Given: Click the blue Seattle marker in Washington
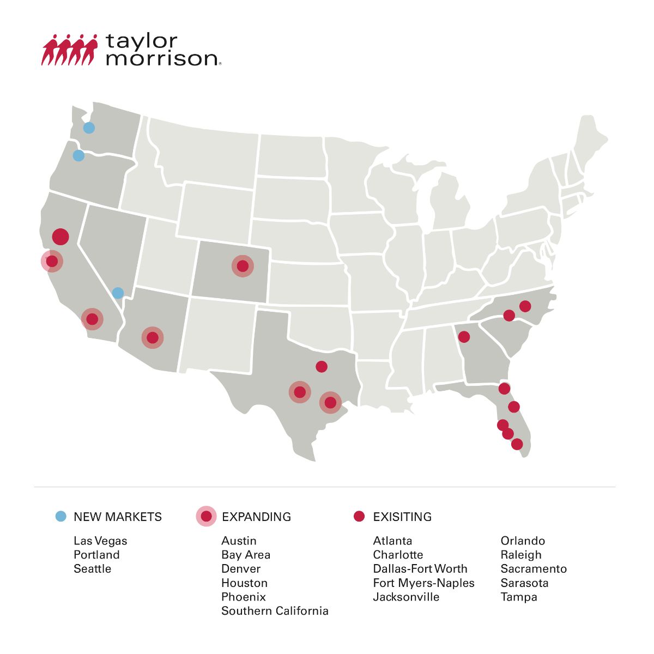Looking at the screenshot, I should coord(89,128).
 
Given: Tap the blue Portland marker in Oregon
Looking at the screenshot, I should coord(78,156).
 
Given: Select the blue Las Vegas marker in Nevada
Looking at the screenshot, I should coord(118,293).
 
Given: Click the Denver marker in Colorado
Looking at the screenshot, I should coord(243,266).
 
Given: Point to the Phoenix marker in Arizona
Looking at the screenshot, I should coord(153,338).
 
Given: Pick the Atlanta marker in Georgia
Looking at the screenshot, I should coord(464,337).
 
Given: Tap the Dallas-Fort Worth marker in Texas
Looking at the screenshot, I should coord(322,366).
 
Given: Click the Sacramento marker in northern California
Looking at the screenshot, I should coord(60,237).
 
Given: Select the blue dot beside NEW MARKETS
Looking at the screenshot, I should coord(61,516).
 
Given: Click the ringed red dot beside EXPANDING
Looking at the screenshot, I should coord(206,516).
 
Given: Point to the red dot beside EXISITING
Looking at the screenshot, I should coord(359,516).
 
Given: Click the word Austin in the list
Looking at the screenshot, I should coord(239,541).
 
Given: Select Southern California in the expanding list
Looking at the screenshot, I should coord(275,610).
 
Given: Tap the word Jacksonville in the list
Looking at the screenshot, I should coord(406,597).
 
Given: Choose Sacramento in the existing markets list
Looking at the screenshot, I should coord(534,568).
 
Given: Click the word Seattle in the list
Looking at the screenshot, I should coord(92,568).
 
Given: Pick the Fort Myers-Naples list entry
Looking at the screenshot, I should coord(423,583).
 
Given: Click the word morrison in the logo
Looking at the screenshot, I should coord(162,58).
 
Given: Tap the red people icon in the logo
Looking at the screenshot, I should coord(69,50).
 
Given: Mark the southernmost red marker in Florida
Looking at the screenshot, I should coord(517,444).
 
